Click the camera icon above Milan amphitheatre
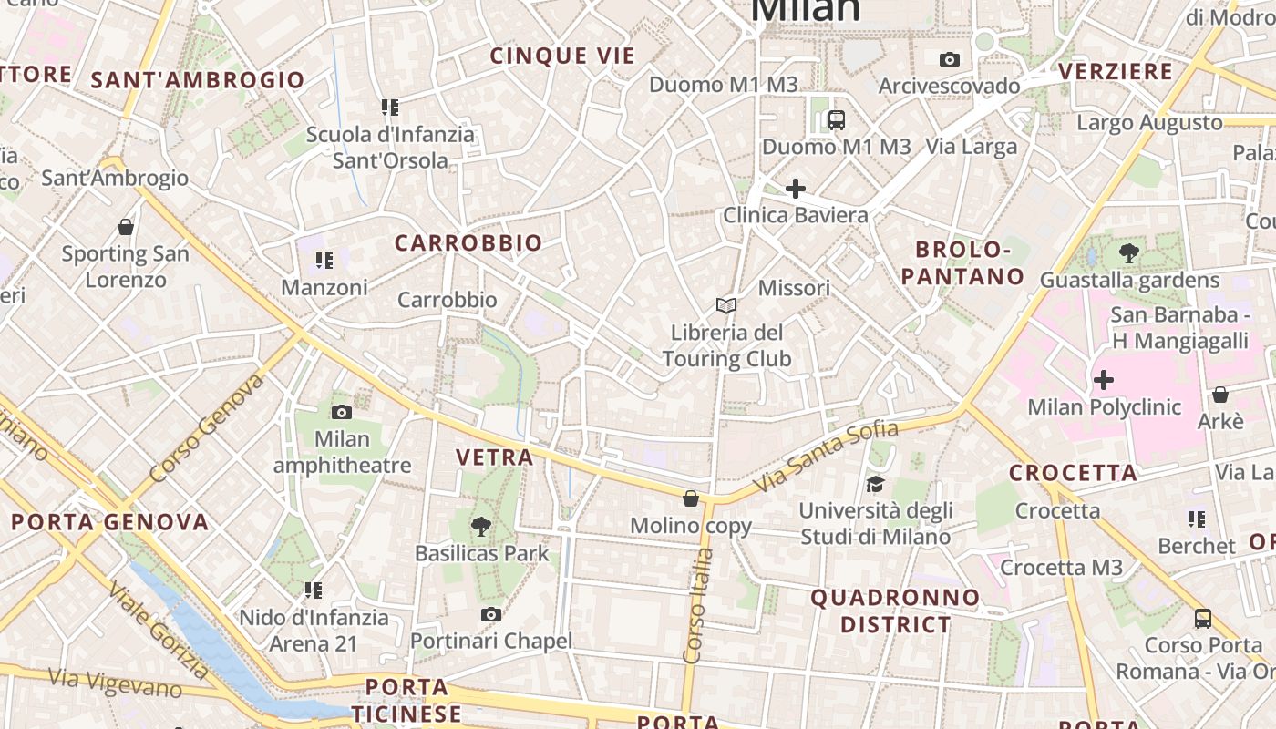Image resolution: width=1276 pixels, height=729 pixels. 342,412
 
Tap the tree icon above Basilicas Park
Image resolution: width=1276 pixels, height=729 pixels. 480,526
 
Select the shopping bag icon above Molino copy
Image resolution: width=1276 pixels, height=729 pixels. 691,498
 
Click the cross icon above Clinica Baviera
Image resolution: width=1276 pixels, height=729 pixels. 796,189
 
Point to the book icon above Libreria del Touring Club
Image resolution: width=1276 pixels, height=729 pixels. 726,305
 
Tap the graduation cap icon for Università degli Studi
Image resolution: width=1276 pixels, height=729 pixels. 875,484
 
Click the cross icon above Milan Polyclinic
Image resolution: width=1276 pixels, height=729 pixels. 1104,379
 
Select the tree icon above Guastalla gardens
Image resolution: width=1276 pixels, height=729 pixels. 1129,253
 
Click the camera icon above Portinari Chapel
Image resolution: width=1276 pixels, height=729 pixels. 491,614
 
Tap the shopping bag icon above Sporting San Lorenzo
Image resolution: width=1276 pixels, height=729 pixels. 126,227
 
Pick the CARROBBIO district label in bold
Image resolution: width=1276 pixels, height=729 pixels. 468,243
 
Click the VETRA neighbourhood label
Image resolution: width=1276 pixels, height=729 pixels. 494,457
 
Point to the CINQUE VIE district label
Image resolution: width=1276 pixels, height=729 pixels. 562,56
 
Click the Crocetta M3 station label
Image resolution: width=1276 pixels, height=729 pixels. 1062,568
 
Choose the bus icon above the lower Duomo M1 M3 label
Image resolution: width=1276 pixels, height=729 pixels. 836,119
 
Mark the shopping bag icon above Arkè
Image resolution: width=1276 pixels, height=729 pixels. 1220,395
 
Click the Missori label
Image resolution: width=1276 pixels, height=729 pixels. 794,288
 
